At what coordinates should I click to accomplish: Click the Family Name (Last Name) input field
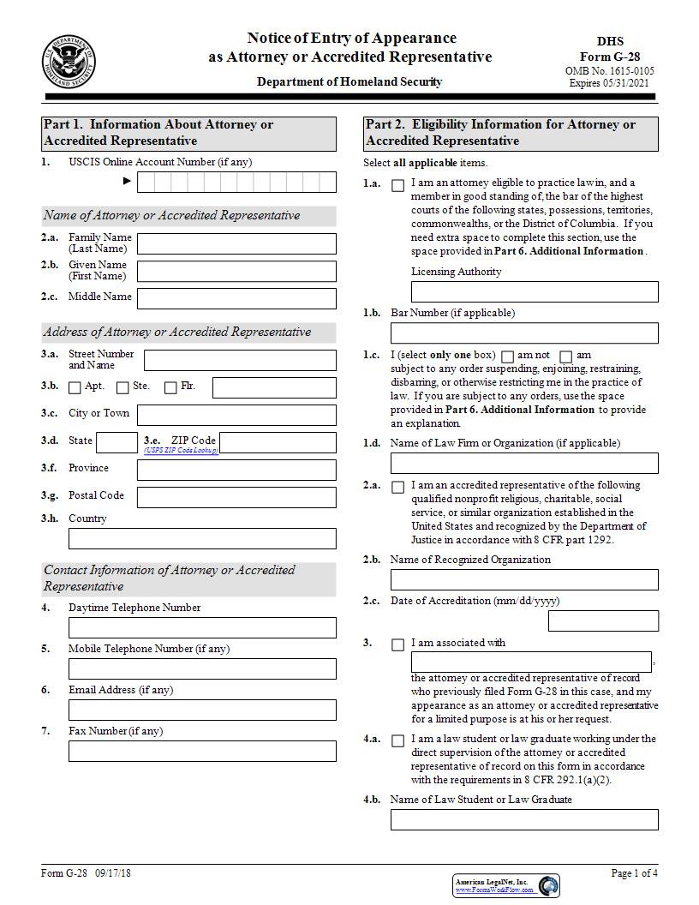tap(236, 243)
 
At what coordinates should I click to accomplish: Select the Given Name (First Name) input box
tap(236, 271)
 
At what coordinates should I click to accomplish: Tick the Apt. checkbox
tap(75, 388)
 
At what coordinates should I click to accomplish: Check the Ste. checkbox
tap(122, 388)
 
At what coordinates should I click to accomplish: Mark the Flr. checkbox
tap(170, 388)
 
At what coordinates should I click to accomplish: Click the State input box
tap(116, 442)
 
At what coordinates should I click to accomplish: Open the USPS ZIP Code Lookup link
tap(181, 451)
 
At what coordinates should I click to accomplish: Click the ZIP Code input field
tap(278, 442)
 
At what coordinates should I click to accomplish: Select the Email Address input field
tap(202, 710)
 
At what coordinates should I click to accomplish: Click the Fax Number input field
tap(202, 751)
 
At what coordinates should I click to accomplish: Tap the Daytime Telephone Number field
tap(202, 627)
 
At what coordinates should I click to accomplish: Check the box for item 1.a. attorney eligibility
tap(397, 186)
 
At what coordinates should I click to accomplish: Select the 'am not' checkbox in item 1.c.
tap(507, 357)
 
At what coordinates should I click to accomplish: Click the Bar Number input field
tap(524, 333)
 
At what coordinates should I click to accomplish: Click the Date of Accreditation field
tap(603, 620)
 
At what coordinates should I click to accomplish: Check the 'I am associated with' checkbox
tap(397, 644)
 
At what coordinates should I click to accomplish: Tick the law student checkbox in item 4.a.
tap(397, 740)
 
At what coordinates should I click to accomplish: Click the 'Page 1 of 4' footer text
tap(634, 873)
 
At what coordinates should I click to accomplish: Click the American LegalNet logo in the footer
tap(506, 885)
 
